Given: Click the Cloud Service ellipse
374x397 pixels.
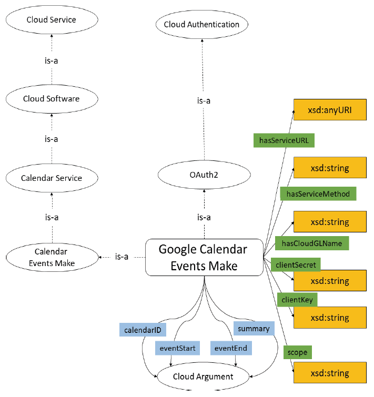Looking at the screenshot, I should coord(52,20).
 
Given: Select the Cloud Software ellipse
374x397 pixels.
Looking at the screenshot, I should coord(52,99).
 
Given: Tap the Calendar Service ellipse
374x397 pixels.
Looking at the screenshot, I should coord(52,178).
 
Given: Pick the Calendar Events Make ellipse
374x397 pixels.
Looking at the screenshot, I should coord(52,257).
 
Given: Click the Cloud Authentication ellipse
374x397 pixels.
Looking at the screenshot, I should coord(201,24).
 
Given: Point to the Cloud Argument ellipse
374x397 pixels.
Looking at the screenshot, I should coord(203,376).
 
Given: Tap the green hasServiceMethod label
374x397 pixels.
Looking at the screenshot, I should coord(318,194).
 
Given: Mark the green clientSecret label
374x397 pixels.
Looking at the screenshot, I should coord(296,265).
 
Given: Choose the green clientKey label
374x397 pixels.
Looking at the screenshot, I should coord(298,299).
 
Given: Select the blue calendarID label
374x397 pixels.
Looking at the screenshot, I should coord(143,330).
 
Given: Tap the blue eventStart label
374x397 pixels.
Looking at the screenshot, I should coord(177,348).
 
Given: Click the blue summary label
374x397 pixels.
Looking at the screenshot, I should coord(254,329).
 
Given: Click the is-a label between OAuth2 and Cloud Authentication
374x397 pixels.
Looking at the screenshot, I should coord(204,101).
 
